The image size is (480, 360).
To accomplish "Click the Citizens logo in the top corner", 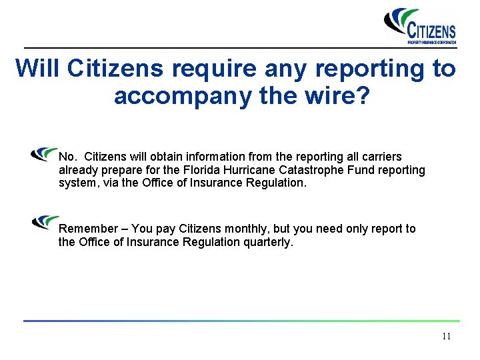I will pos(421,26).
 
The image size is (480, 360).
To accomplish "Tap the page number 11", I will pos(446,336).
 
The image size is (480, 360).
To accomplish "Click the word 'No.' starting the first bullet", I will pos(67,157).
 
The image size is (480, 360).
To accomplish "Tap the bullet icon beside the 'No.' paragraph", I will pos(45,155).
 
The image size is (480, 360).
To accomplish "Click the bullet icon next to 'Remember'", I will pos(45,221).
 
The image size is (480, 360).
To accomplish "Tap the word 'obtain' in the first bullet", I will pos(169,157).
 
